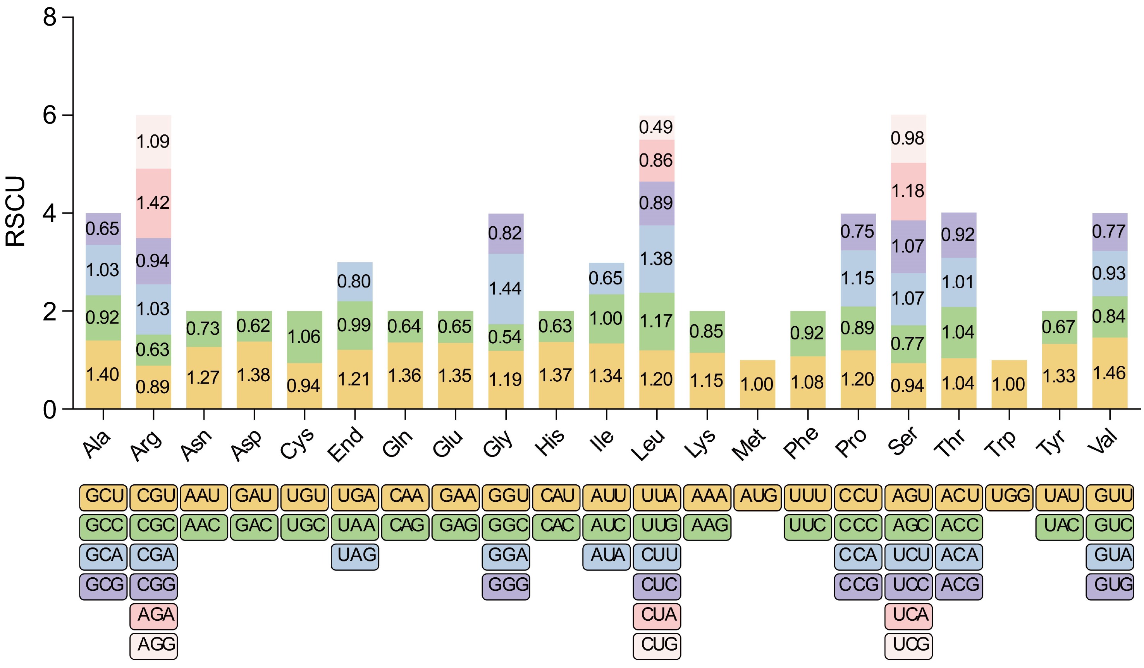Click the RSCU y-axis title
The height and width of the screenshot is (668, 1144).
tap(16, 211)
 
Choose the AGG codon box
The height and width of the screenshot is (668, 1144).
tap(153, 644)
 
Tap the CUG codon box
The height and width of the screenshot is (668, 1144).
tap(657, 644)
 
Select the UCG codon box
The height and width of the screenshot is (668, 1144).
tap(908, 644)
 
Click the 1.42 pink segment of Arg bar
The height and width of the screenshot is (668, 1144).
tap(153, 203)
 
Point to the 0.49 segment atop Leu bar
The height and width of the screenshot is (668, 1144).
tap(656, 127)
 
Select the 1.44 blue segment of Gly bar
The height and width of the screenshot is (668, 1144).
tap(506, 289)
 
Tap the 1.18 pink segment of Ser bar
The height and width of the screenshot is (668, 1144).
tap(908, 191)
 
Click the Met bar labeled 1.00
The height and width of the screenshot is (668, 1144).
tap(757, 384)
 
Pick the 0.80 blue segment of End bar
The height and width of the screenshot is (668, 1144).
tap(354, 282)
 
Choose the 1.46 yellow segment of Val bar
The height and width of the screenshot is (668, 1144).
tap(1110, 373)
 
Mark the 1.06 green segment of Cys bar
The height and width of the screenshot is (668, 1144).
tap(304, 337)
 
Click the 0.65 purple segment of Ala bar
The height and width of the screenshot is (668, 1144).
tap(103, 229)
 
